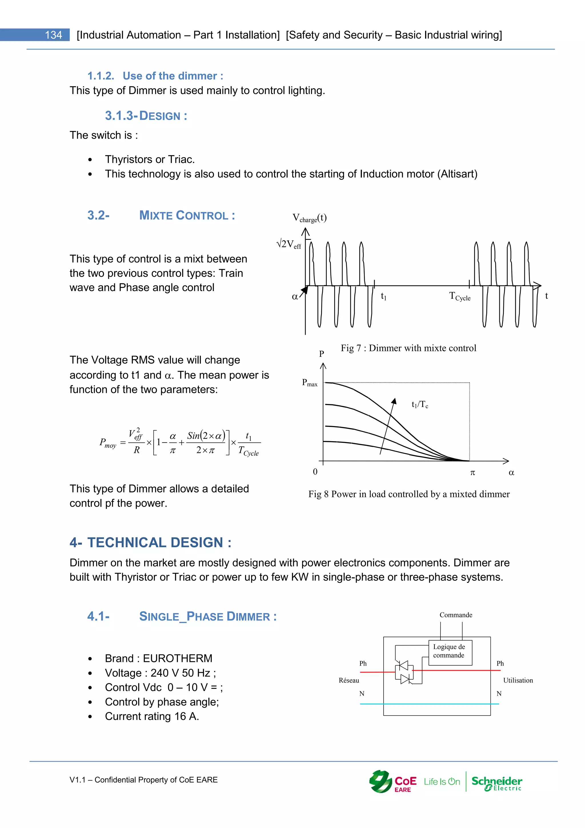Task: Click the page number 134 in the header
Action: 53,35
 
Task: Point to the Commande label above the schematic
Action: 456,615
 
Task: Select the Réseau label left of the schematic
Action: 349,680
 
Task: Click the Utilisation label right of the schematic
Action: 518,680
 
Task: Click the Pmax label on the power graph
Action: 309,383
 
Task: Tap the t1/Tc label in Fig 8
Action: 420,404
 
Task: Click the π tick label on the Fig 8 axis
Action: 473,472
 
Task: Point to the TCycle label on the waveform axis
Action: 460,296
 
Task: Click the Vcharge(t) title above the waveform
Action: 309,218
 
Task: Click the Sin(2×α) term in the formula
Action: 206,436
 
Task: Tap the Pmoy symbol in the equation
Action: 108,443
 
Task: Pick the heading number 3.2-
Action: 98,215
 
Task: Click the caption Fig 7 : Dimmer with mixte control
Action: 408,348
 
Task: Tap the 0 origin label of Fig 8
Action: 315,472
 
